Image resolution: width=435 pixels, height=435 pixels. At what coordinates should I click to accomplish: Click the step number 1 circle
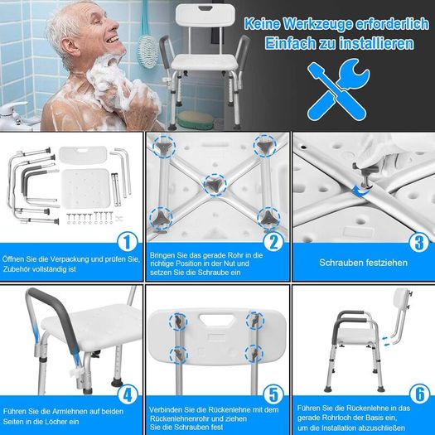[x=128, y=242]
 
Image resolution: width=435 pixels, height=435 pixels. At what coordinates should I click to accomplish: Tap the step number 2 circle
[x=273, y=242]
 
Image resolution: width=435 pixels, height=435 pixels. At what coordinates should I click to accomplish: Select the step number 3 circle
[x=419, y=242]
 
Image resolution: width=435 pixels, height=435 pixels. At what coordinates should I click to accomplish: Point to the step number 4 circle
[x=128, y=394]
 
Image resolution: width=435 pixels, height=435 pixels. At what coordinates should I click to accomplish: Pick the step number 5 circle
[x=273, y=394]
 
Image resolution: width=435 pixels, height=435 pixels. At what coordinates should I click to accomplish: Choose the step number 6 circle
[x=420, y=394]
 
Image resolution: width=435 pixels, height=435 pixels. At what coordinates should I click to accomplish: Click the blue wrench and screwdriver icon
[x=338, y=89]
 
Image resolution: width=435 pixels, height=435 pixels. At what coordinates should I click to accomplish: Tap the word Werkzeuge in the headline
[x=317, y=24]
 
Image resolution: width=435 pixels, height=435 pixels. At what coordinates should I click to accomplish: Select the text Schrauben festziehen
[x=363, y=263]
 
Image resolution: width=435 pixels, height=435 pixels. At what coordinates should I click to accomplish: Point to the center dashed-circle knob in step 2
[x=215, y=185]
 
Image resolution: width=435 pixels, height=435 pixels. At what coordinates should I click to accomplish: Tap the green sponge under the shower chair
[x=196, y=120]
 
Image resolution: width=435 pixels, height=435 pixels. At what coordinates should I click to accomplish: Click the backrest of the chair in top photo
[x=205, y=15]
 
